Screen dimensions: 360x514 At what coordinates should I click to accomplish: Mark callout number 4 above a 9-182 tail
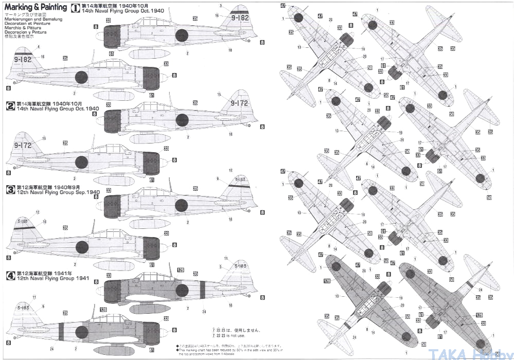[38, 47]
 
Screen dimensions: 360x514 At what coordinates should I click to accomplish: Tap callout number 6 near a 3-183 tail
[43, 306]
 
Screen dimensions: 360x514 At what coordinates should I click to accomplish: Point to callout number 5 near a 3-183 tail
[220, 266]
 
